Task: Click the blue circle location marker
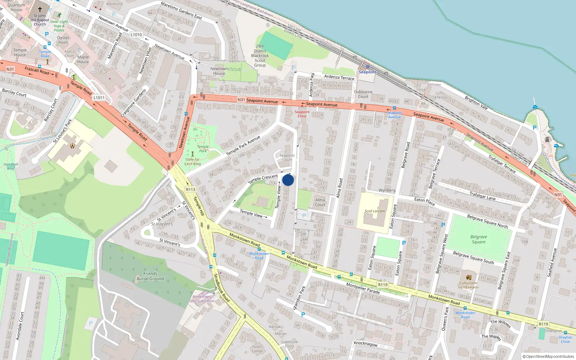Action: [288, 180]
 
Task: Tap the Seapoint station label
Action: [367, 72]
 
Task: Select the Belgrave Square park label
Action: [478, 239]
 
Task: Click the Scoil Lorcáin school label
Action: [374, 211]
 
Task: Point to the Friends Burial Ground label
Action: [150, 276]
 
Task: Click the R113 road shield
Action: [190, 189]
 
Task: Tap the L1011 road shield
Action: [99, 98]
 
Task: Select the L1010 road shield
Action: [136, 35]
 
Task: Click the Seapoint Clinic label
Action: [302, 114]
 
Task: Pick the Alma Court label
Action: [320, 202]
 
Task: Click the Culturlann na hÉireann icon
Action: [468, 278]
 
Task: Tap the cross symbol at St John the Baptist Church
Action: [40, 9]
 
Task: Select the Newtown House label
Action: [219, 71]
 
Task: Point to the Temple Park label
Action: [203, 149]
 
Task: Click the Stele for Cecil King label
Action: [193, 162]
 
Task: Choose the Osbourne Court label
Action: [363, 94]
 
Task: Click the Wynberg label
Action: [387, 190]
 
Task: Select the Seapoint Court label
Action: [287, 158]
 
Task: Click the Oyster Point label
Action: [63, 40]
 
